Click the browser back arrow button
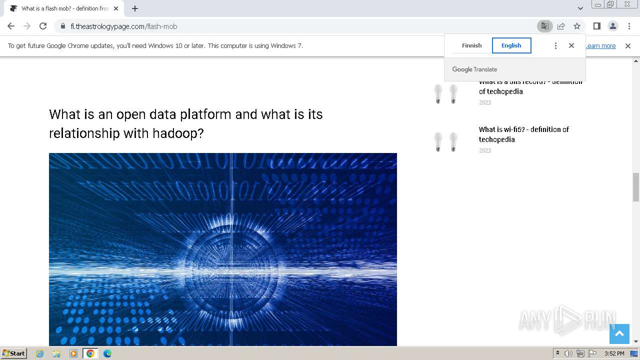11,26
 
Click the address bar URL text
124,26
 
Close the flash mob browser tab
116,8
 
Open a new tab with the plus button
135,8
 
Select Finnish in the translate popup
471,45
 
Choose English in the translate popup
511,45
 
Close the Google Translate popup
571,45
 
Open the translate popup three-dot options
555,45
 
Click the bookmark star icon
577,26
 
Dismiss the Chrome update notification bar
628,46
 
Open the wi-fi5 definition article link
523,134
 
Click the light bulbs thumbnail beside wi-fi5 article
446,142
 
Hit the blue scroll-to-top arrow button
619,333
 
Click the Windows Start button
14,353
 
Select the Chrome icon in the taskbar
90,353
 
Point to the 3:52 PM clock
614,353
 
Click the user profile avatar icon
612,26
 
